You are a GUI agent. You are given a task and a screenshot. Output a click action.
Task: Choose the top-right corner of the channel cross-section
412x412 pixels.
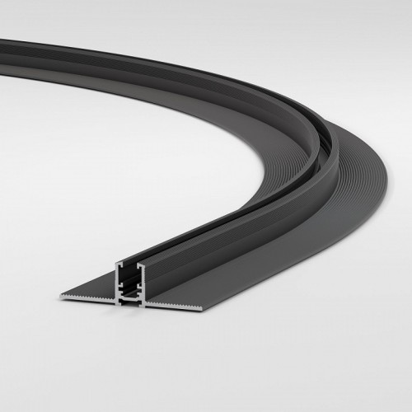[146, 265]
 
